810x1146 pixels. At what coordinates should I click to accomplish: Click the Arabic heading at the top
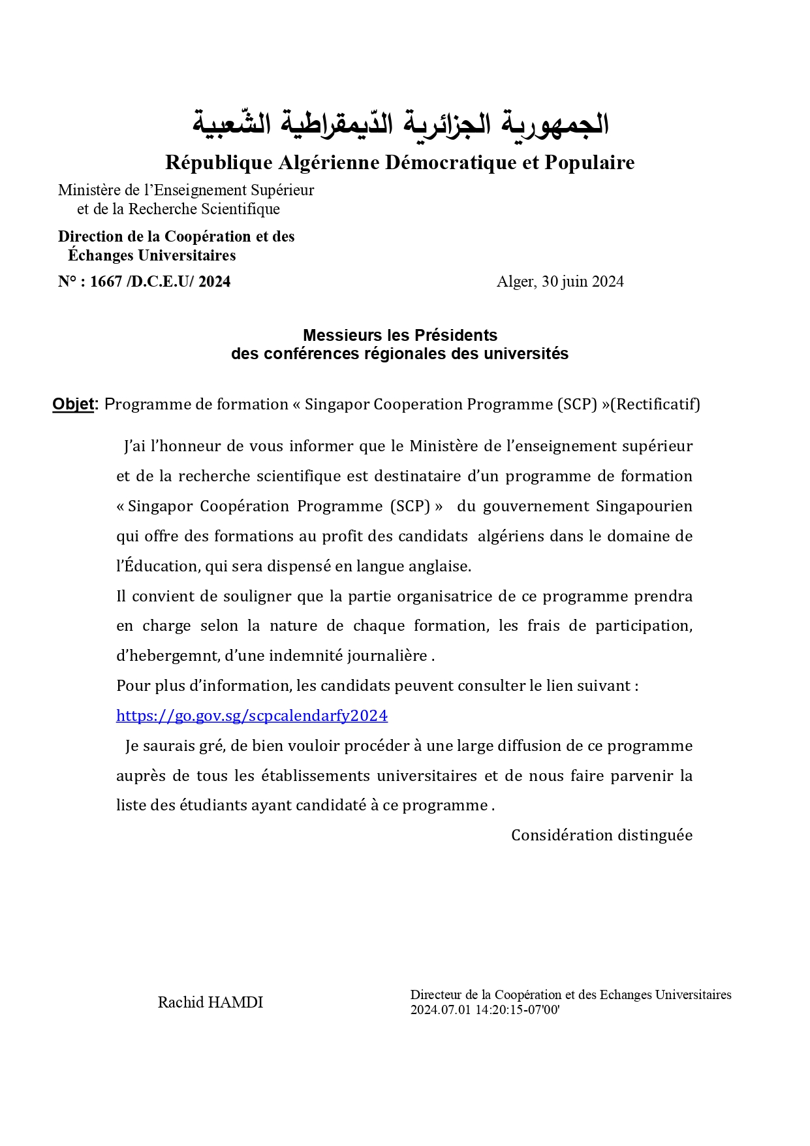[400, 123]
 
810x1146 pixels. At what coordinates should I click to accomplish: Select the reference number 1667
[106, 281]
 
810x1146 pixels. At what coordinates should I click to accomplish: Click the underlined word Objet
[73, 404]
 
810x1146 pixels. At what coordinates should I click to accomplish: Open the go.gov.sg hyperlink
[252, 716]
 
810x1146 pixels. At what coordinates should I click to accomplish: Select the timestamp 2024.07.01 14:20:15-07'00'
[485, 1010]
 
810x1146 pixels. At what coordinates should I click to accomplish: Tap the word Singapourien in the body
[644, 506]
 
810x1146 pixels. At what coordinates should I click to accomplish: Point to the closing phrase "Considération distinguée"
[601, 835]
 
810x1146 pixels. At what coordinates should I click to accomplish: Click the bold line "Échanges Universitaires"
[152, 255]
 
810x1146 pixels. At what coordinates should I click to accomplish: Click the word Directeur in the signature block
[436, 995]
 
